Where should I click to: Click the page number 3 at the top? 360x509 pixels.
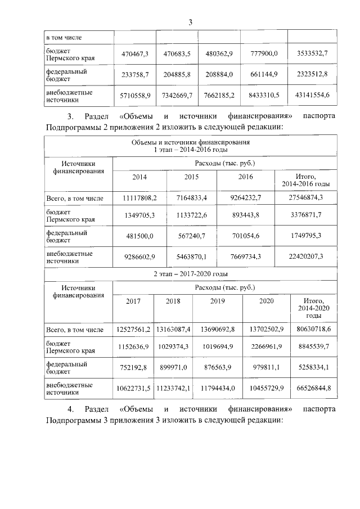[x=190, y=22]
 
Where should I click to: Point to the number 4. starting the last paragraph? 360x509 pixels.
[x=70, y=408]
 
